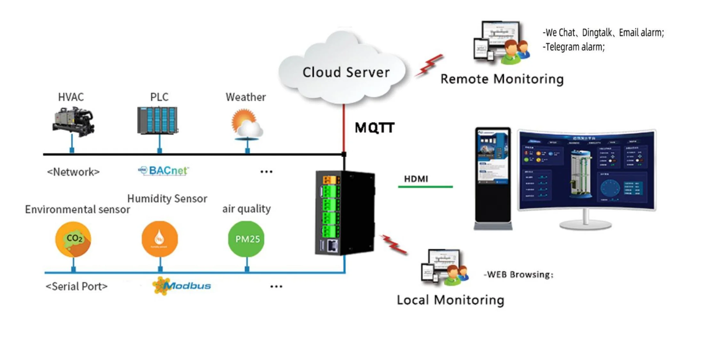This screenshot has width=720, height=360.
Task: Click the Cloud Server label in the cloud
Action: coord(346,72)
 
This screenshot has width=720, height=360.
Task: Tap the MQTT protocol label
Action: coord(375,128)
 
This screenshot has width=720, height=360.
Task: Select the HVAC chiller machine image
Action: coord(73,122)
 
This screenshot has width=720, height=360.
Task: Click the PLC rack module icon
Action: coord(157,120)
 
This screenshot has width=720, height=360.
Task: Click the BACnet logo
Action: coord(164,171)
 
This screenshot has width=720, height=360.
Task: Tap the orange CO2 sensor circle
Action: coord(73,239)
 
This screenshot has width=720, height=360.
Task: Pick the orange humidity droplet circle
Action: coord(160,239)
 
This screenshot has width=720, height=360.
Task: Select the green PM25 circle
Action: coord(246,239)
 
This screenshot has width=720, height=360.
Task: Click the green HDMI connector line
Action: coord(425,187)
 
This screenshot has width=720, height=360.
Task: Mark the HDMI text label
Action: coord(416,179)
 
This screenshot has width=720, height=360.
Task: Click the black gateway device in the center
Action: coord(345,213)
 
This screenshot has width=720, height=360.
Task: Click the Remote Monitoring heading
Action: coord(502,79)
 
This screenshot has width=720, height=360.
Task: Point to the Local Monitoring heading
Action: coord(450,300)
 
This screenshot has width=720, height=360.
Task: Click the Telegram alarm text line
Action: coord(573,47)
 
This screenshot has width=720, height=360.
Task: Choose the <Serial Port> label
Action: coord(76,286)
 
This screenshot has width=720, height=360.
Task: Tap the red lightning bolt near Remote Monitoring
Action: coord(429,65)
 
